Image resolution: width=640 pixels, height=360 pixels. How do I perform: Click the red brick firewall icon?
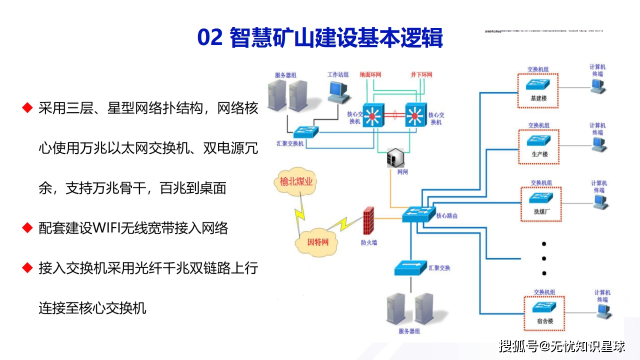[369, 221]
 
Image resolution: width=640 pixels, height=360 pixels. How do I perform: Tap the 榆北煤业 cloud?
[296, 182]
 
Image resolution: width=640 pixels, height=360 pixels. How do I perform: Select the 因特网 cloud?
[318, 241]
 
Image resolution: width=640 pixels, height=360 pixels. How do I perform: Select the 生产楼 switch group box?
[539, 146]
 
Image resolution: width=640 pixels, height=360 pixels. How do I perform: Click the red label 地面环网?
[370, 75]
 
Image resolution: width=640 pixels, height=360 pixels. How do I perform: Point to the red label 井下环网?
[421, 75]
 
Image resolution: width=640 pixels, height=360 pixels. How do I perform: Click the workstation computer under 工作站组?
[337, 91]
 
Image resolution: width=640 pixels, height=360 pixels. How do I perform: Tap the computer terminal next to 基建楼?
[597, 86]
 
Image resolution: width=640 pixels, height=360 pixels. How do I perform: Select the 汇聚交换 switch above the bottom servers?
[410, 268]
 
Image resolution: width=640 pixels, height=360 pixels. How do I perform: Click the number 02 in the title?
[210, 38]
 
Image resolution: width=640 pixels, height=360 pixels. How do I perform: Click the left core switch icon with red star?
[371, 116]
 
